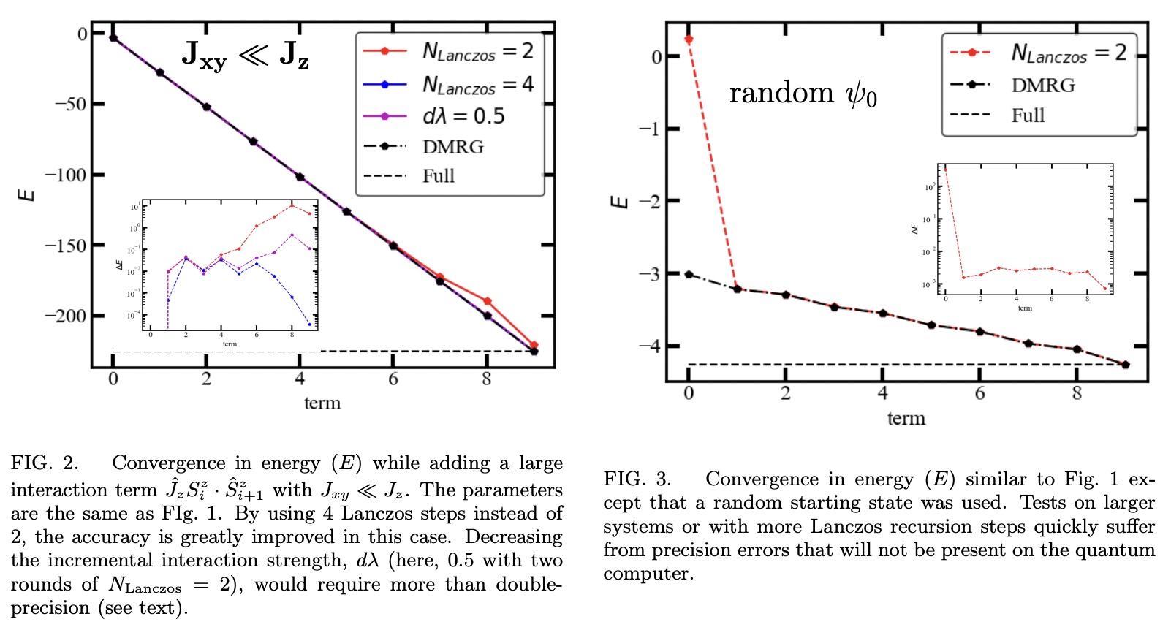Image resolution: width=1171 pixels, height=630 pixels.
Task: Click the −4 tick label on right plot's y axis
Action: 649,346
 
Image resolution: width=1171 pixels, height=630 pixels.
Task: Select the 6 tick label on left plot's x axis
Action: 393,379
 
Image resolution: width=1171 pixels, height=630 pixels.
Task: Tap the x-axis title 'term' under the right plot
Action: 906,419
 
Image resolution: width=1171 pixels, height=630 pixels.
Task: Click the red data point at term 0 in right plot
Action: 689,39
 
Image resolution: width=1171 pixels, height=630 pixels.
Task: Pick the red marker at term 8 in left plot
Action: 488,301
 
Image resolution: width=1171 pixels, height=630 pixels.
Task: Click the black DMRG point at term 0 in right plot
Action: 689,275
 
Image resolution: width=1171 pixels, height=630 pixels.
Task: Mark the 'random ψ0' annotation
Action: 803,94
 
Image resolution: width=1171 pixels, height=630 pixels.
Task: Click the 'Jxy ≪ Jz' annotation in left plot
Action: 245,54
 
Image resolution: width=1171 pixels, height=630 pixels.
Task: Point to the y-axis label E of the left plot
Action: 26,194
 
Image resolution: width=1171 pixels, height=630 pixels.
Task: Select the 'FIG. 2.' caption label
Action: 44,463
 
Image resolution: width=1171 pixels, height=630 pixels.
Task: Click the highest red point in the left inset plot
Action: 292,205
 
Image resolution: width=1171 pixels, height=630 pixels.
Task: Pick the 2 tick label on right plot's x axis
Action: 786,393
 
